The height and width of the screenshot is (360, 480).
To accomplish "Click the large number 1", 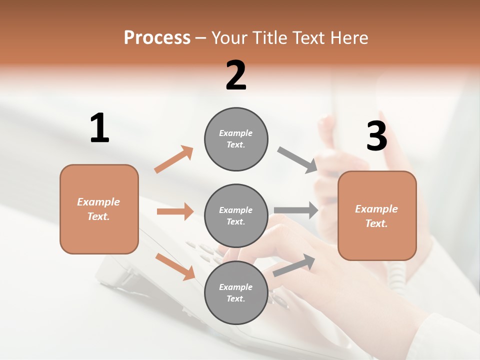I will (x=99, y=128).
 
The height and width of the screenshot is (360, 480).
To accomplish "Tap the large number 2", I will (x=235, y=75).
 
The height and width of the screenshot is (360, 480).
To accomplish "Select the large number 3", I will (x=376, y=136).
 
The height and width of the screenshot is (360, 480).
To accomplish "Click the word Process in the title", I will (x=157, y=37).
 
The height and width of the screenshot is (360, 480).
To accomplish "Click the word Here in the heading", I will (x=349, y=37).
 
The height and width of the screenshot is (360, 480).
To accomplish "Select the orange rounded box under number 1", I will (x=99, y=209).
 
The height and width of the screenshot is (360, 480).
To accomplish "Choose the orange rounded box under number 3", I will (x=377, y=215).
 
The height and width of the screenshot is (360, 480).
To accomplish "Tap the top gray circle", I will (x=236, y=139).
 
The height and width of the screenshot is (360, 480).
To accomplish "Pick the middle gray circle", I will (x=236, y=215).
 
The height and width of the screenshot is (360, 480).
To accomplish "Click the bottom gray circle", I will (x=236, y=292).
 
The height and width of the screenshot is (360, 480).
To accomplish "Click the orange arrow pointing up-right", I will (x=174, y=159).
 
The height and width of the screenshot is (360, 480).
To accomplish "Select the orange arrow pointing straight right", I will (x=175, y=211).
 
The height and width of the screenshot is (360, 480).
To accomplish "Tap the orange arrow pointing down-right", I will (x=175, y=266).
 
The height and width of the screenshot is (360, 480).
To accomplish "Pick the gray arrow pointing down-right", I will (x=297, y=160).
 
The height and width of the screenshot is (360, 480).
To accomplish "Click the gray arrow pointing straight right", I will (x=296, y=210).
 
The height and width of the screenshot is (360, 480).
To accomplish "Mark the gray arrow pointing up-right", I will (x=294, y=265).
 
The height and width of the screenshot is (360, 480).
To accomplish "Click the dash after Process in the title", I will (x=201, y=37).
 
